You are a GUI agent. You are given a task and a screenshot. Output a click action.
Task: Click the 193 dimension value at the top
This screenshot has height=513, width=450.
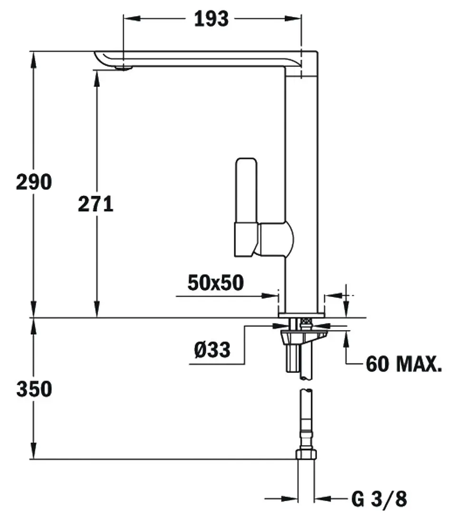click(x=211, y=19)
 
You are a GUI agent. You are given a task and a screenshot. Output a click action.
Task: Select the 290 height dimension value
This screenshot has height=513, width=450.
click(x=34, y=182)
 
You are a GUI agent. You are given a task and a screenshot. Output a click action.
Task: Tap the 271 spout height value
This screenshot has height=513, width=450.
click(x=96, y=204)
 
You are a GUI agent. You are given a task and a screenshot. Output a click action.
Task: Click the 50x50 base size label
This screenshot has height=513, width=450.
click(x=216, y=283)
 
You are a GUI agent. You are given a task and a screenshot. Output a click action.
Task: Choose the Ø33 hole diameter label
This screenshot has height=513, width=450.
click(x=212, y=350)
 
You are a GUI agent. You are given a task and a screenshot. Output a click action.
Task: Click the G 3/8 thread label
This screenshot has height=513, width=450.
click(x=379, y=499)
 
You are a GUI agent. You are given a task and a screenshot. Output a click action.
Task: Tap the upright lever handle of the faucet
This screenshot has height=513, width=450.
click(x=247, y=191)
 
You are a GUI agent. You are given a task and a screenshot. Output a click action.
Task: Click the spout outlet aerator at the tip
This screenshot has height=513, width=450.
click(x=124, y=67)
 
